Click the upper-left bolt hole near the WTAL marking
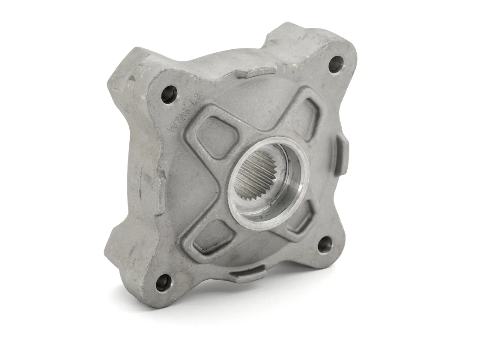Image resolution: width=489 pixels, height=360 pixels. click(169, 94)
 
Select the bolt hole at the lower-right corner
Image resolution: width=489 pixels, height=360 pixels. click(326, 245)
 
